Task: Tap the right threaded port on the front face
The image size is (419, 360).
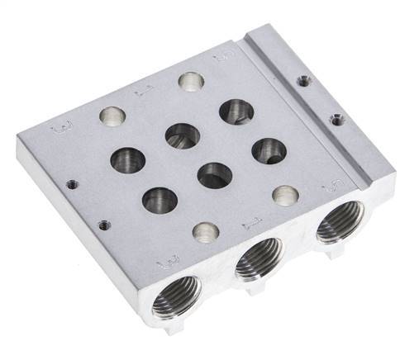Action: click(339, 222)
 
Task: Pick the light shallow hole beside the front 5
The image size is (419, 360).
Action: click(286, 195)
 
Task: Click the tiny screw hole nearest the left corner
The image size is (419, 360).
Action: click(71, 183)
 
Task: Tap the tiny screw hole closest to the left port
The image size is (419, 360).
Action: click(102, 223)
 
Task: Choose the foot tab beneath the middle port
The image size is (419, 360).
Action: click(251, 289)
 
